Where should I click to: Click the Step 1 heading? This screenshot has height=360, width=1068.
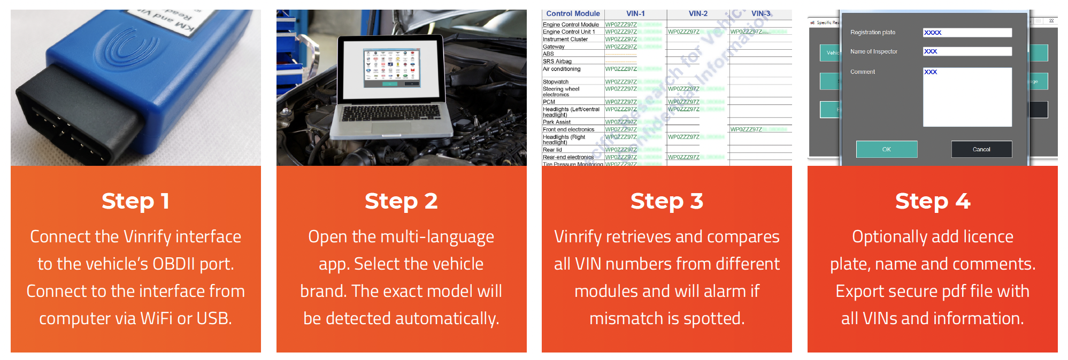click(135, 201)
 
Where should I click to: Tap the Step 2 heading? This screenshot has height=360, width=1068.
click(401, 201)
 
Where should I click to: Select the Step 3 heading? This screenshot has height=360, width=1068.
click(666, 201)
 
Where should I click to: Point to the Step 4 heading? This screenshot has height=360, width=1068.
click(932, 201)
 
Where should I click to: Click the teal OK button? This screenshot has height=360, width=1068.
click(886, 149)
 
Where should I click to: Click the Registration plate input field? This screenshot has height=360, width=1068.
click(967, 33)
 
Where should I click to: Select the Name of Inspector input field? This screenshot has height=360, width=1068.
click(967, 51)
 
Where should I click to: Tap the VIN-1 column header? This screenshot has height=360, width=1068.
click(635, 14)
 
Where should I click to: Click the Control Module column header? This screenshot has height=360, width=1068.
click(573, 14)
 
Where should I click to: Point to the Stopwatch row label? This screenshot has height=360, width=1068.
click(555, 82)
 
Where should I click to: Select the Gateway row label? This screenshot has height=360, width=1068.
click(554, 47)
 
